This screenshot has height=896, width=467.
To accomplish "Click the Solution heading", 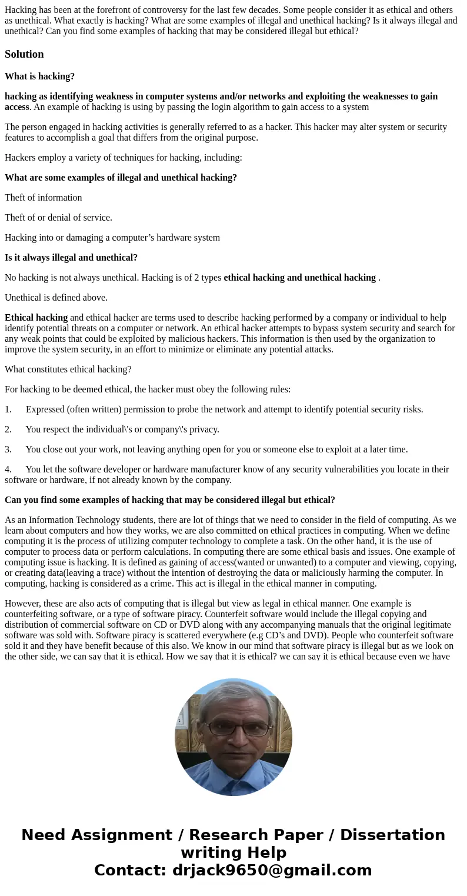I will coord(24,54).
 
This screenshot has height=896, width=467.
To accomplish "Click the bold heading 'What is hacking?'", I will coord(39,76).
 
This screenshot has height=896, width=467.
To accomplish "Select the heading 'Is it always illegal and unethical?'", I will coord(71,258).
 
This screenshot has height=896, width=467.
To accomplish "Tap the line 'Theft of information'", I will coord(43,198).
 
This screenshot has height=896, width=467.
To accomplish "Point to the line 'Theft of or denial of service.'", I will coord(58,218).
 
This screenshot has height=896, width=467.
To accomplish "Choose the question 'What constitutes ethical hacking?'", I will coord(68,369).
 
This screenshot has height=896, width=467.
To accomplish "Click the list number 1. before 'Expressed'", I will coord(8,409).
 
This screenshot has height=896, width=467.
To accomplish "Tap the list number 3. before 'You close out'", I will coord(8,449).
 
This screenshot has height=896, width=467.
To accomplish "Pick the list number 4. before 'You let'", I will coord(8,469).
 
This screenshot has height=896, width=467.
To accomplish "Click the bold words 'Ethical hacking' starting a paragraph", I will coord(36,318).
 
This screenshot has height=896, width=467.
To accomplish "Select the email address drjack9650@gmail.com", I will coord(272,870).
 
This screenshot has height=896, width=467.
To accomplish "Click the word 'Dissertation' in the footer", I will coord(392,835).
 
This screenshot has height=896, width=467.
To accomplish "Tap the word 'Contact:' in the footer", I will coord(131,870).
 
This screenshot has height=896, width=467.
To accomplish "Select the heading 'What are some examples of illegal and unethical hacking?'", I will coord(121,178).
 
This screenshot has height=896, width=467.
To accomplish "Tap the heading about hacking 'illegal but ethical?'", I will coord(169,500).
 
